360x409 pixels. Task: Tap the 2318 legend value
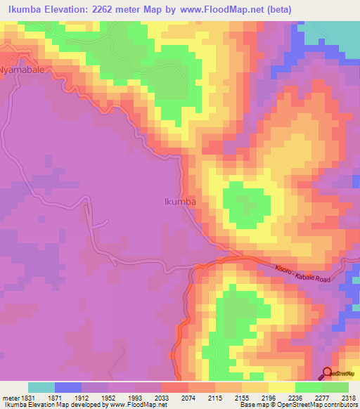(x=348, y=397)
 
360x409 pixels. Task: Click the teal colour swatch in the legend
(x=41, y=387)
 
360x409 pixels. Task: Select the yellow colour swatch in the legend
(x=282, y=387)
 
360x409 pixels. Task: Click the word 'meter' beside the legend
(x=8, y=397)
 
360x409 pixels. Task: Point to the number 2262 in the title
(x=110, y=9)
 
